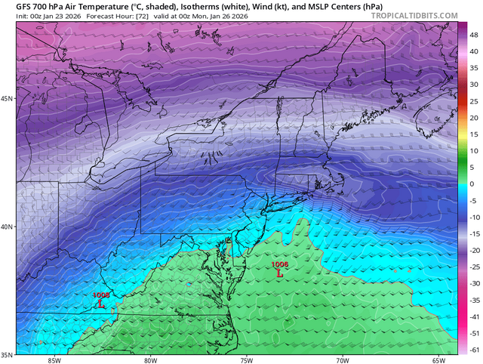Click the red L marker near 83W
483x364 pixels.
click(101, 304)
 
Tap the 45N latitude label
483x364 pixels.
click(8, 99)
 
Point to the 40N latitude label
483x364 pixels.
click(8, 227)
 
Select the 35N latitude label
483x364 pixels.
click(8, 354)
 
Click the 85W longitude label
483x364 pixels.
click(54, 359)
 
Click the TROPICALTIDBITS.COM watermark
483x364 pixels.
click(414, 15)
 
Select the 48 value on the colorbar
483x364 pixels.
click(473, 35)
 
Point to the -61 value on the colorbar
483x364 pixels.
click(474, 350)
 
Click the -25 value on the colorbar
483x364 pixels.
click(474, 267)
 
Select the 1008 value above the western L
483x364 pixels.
click(101, 295)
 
